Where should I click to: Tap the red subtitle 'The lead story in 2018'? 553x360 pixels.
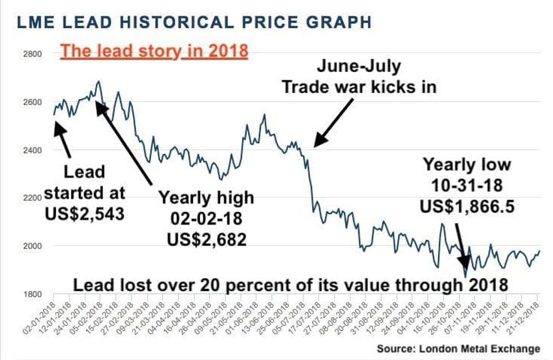pyautogui.click(x=154, y=51)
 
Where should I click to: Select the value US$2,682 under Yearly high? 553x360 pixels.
pyautogui.click(x=207, y=239)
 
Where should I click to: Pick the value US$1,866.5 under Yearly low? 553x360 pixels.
pyautogui.click(x=467, y=206)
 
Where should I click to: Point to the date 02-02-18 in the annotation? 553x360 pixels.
pyautogui.click(x=206, y=219)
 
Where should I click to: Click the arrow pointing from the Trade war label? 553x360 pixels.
pyautogui.click(x=334, y=122)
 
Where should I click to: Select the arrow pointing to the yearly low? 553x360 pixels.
pyautogui.click(x=461, y=245)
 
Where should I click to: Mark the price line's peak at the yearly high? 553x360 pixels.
pyautogui.click(x=99, y=81)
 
